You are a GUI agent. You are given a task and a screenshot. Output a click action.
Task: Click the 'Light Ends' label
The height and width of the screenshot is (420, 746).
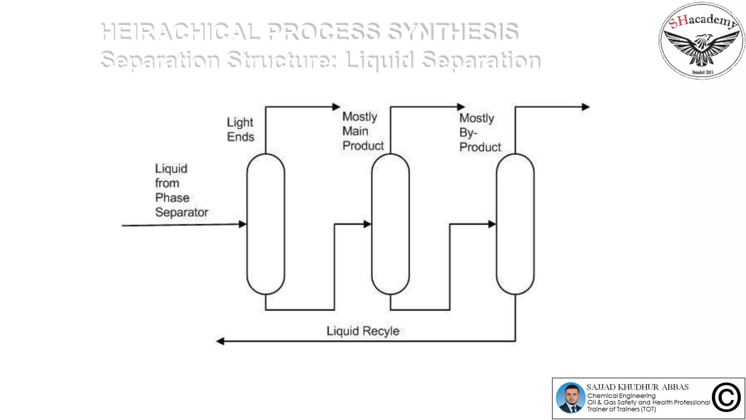pos(240,129)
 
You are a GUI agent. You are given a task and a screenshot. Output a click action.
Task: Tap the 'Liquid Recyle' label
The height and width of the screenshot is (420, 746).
pos(363,331)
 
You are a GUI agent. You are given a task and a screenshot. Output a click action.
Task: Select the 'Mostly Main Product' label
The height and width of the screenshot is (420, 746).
pos(363,131)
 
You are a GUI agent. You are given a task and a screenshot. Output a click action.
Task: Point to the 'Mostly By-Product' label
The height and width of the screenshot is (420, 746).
pos(480,133)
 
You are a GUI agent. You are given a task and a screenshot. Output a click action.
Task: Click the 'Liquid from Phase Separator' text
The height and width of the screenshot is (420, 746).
pos(181,190)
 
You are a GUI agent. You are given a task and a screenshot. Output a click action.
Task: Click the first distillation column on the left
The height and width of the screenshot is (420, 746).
pos(266,224)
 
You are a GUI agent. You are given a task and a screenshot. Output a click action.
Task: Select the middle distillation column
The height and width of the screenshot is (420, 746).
pos(390,224)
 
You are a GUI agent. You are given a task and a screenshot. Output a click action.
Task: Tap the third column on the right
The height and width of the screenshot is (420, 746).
pos(515,224)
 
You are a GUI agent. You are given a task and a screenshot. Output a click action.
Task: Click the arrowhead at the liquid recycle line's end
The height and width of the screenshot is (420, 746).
pos(220,341)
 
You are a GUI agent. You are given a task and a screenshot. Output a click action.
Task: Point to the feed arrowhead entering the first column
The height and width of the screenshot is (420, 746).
pos(243,225)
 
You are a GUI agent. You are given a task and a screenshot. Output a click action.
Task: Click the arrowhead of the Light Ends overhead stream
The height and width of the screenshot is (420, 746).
pos(336,107)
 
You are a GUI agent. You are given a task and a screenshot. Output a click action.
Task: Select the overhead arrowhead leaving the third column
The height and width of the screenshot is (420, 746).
pos(586,107)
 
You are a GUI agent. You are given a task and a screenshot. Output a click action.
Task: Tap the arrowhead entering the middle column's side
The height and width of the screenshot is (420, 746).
pos(367,224)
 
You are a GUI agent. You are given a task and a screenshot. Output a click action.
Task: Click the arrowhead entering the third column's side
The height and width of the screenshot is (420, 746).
pos(492,224)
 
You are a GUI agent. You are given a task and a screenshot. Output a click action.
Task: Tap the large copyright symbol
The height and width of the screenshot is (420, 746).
pos(726,397)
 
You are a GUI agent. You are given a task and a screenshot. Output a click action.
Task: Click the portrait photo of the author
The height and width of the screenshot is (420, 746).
pos(570,398)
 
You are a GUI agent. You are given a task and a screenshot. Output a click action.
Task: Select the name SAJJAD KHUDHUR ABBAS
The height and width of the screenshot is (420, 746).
pos(637,387)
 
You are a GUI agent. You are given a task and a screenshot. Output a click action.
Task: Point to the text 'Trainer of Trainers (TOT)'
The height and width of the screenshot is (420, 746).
pos(621,409)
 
